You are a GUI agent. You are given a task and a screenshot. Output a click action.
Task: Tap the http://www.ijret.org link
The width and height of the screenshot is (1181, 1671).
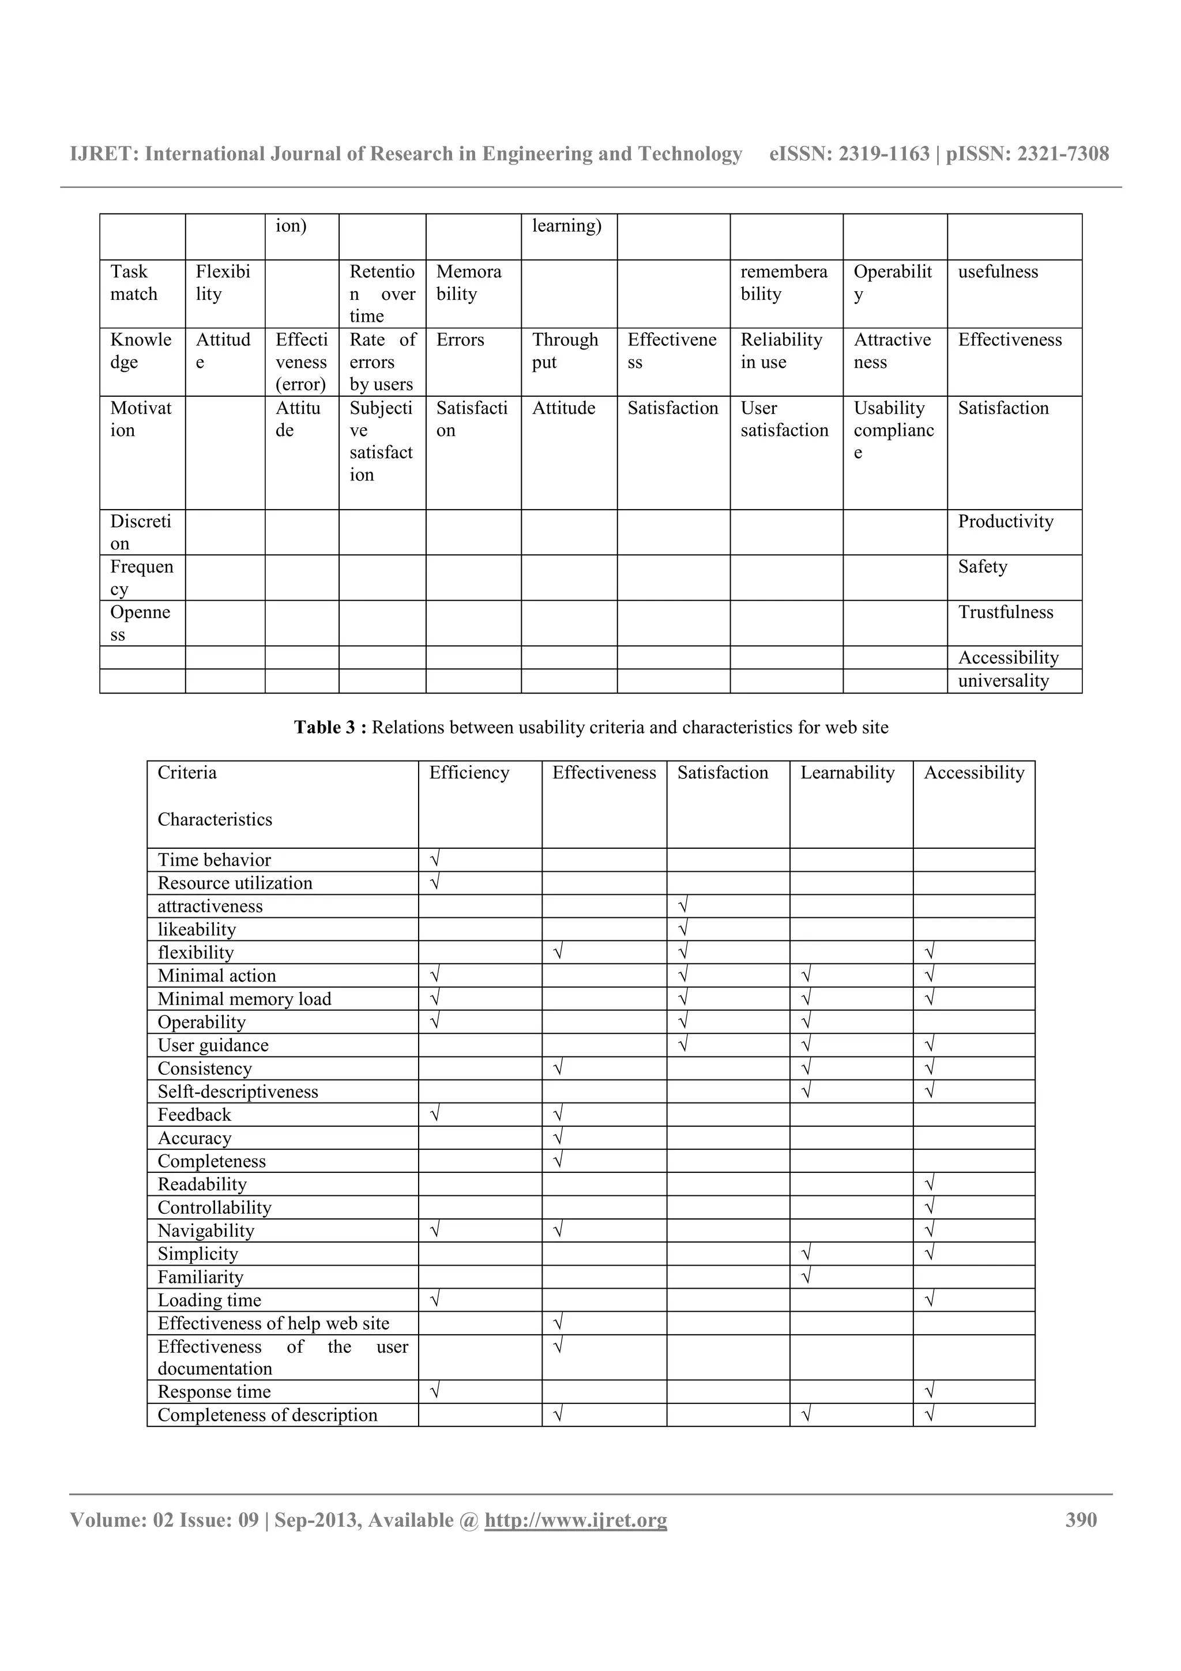[576, 1521]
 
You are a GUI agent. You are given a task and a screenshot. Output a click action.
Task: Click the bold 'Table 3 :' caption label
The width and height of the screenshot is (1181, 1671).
[331, 727]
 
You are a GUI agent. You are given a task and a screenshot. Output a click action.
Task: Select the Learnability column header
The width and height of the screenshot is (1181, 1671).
[847, 772]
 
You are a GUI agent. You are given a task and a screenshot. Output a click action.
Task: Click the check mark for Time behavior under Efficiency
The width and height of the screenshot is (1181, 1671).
[435, 860]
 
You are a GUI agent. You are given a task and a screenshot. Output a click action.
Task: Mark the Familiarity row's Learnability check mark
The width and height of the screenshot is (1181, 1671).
[806, 1277]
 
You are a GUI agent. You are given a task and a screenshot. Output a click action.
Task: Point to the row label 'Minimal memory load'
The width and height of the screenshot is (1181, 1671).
[245, 999]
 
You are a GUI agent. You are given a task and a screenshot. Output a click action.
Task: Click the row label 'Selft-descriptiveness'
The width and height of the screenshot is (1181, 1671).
[238, 1092]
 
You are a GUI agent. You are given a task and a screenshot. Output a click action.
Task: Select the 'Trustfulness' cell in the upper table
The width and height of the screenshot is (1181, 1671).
[1005, 612]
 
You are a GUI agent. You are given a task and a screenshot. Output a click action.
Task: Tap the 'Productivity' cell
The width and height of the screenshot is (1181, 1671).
[1005, 521]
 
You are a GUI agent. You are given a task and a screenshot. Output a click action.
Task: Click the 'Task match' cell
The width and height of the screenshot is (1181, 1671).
[134, 283]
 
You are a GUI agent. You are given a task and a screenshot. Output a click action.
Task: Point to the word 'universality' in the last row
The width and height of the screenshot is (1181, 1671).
[1003, 680]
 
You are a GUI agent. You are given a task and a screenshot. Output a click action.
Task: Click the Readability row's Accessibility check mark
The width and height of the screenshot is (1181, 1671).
[929, 1184]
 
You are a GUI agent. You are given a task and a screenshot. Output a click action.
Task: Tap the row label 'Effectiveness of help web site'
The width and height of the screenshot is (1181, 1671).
[273, 1323]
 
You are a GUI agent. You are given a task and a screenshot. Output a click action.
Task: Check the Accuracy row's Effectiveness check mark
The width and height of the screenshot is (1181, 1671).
[558, 1138]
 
